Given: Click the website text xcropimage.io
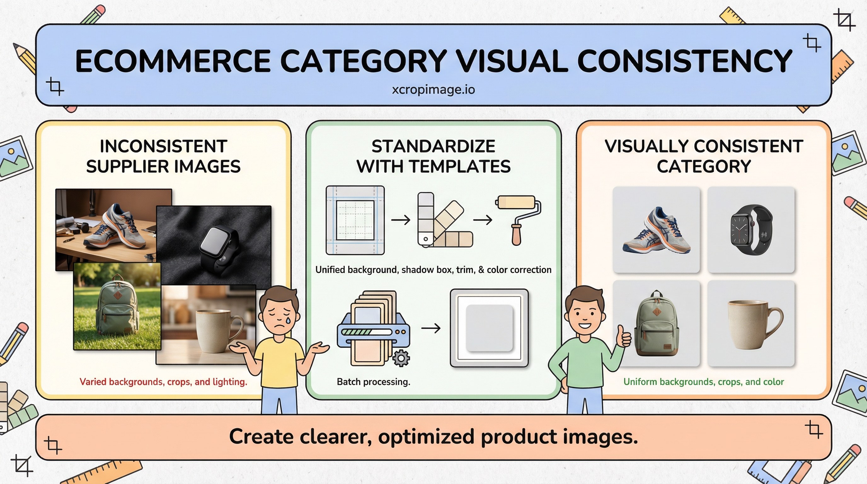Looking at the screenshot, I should point(433,89).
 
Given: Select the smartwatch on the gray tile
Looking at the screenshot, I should point(751,229).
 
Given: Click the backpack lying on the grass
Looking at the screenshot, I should point(118,306).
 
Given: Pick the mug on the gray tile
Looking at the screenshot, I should point(754,324).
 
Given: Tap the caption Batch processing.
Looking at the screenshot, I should point(373,382).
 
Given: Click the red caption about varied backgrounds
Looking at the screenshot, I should point(163,382).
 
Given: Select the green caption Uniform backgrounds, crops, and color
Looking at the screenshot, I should point(703,382).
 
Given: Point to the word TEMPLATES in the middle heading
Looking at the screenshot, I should point(460,166).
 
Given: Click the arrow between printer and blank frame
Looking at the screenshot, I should point(431,328).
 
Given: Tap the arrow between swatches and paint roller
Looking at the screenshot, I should point(483,220).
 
